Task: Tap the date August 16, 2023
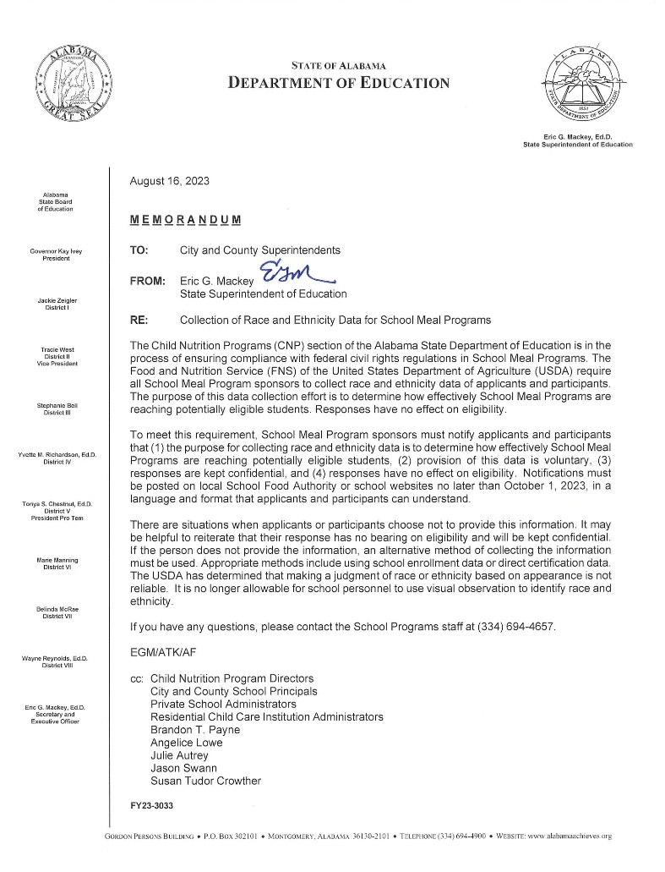click(x=170, y=181)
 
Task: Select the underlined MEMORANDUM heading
click(x=186, y=220)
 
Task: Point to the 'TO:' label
click(x=139, y=250)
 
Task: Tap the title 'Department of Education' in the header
click(x=339, y=82)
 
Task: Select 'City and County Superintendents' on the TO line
click(x=260, y=250)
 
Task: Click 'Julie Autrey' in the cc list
click(x=179, y=755)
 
